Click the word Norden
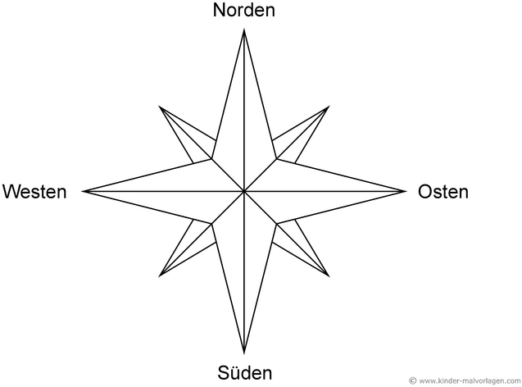pyautogui.click(x=244, y=10)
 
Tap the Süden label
pyautogui.click(x=245, y=373)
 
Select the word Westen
pyautogui.click(x=34, y=192)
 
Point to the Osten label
pyautogui.click(x=443, y=192)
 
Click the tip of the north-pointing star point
pyautogui.click(x=244, y=30)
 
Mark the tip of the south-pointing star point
pyautogui.click(x=244, y=353)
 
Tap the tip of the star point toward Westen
pyautogui.click(x=83, y=192)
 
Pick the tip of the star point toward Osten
pyautogui.click(x=406, y=192)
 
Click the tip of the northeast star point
pyautogui.click(x=329, y=107)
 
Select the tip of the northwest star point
pyautogui.click(x=160, y=107)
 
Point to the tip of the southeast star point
pyautogui.click(x=329, y=276)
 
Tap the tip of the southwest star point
pyautogui.click(x=160, y=276)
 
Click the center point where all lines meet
pyautogui.click(x=244, y=192)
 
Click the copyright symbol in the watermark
pyautogui.click(x=412, y=380)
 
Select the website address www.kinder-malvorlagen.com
pyautogui.click(x=470, y=380)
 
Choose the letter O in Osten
pyautogui.click(x=425, y=192)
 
